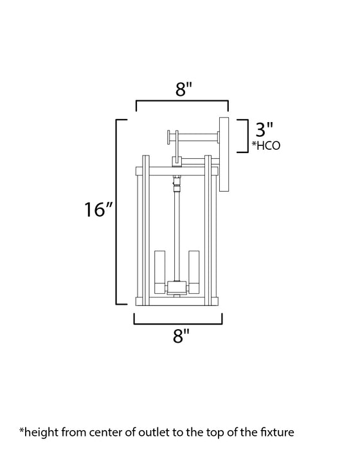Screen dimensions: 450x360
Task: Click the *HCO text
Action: (x=267, y=145)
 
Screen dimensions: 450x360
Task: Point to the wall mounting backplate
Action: (x=224, y=154)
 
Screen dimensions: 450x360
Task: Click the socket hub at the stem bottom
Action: (x=177, y=287)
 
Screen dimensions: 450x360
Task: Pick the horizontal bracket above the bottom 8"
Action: (x=178, y=319)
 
